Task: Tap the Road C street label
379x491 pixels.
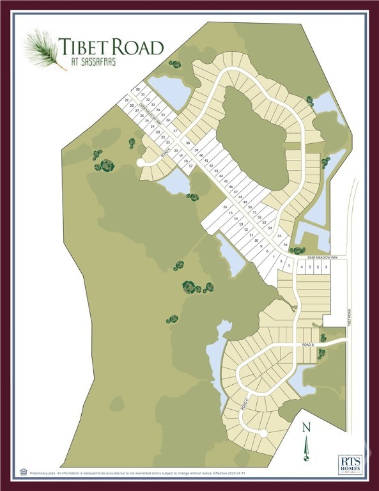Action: (244, 403)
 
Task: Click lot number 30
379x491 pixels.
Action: (137, 90)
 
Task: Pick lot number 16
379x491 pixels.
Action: (225, 207)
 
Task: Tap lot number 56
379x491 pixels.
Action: (285, 245)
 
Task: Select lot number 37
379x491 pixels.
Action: (175, 130)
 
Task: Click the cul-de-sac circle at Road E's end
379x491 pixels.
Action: (141, 163)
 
